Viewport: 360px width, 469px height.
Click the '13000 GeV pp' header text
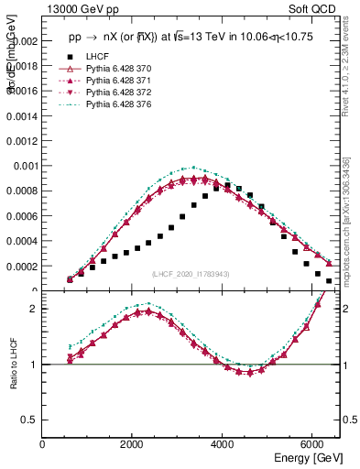coord(81,8)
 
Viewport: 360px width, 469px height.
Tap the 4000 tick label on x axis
coord(224,445)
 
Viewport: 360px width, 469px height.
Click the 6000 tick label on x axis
coord(313,445)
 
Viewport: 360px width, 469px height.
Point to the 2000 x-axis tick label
coord(133,445)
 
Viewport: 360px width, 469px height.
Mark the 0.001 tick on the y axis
coord(27,167)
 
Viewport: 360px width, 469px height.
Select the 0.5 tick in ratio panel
coord(32,420)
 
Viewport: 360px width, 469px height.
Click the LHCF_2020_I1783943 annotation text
coord(190,274)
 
